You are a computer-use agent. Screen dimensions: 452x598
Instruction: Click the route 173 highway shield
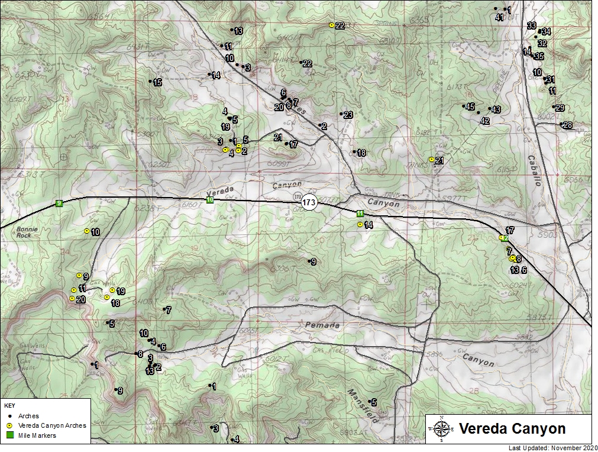pos(308,202)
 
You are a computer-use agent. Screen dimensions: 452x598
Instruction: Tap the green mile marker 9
pos(59,204)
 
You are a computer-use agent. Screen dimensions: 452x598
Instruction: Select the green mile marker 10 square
pos(210,200)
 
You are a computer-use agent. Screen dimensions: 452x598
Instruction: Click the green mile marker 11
pos(360,214)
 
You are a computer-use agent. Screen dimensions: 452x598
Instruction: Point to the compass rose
pos(441,428)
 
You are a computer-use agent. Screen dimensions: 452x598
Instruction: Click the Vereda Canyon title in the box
pos(512,428)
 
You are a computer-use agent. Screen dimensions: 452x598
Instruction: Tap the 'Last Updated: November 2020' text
pos(551,448)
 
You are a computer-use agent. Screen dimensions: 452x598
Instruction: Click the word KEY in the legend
pos(9,406)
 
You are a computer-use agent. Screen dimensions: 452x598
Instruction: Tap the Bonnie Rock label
pos(27,231)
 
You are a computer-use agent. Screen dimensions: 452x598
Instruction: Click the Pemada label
pos(323,325)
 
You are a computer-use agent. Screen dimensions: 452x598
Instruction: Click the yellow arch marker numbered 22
pos(332,25)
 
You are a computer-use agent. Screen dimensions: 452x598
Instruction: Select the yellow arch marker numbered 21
pos(432,160)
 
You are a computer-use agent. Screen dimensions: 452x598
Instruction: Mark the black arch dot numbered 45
pos(464,106)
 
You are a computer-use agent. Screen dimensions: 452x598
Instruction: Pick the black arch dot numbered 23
pos(342,114)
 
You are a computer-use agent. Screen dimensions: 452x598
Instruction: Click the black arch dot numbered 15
pos(151,82)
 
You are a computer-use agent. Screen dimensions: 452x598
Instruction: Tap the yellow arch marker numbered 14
pos(360,225)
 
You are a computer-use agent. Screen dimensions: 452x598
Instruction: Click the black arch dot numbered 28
pos(561,124)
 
